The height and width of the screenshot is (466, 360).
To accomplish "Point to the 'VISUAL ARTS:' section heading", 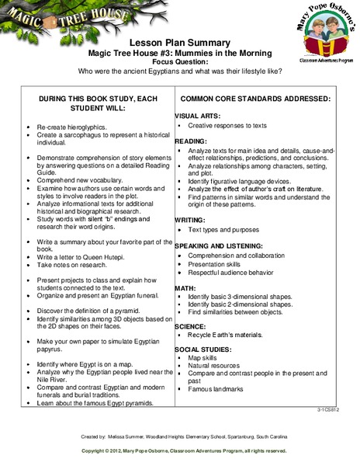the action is click(195, 115).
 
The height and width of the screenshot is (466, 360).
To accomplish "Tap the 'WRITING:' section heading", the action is click(190, 220).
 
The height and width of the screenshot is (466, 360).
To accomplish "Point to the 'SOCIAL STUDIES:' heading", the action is click(202, 348).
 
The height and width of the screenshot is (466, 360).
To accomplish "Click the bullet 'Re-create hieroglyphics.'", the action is click(71, 125).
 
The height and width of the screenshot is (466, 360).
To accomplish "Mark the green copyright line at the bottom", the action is click(180, 450).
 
